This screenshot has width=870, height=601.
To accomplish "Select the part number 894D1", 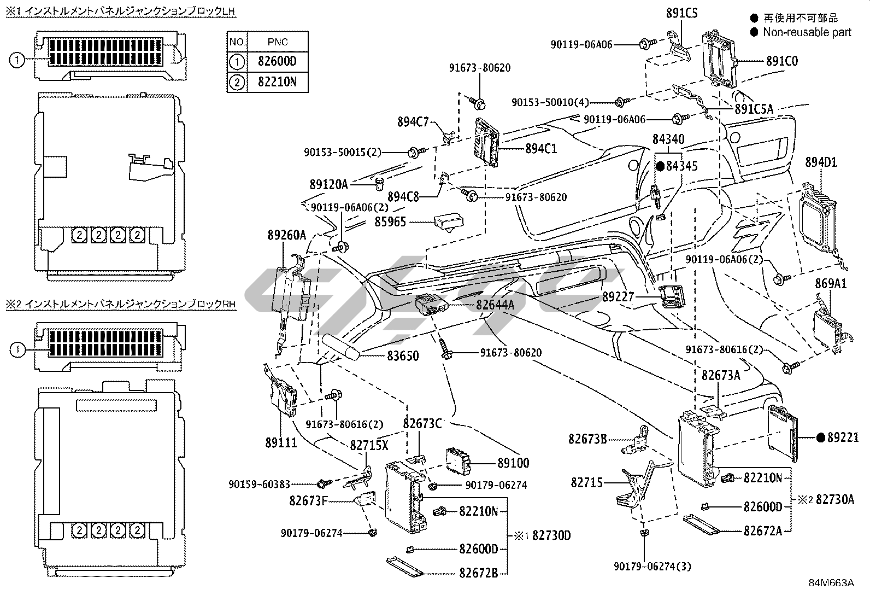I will click(x=821, y=162).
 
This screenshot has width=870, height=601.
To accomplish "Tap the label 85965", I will click(x=391, y=222).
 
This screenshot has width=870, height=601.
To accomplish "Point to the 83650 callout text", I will click(x=403, y=356).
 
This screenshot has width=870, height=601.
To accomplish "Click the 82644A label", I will click(x=495, y=305).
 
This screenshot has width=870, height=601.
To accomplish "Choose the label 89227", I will click(x=618, y=297).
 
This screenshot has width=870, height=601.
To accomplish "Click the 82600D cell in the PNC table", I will click(x=277, y=61).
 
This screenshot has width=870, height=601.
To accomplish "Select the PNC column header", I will click(x=278, y=42).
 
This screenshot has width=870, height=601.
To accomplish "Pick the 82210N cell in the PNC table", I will click(x=277, y=82).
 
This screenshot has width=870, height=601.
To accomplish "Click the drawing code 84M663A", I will click(x=831, y=583).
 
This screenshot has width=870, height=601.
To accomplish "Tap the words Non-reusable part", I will click(x=807, y=32).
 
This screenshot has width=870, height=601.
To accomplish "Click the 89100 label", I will click(x=513, y=463).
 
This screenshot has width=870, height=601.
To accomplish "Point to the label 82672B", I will click(x=478, y=573).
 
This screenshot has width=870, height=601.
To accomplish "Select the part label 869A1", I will click(x=831, y=283).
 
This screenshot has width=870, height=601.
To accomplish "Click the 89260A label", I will click(x=287, y=236).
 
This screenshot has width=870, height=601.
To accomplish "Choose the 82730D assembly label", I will click(x=551, y=535).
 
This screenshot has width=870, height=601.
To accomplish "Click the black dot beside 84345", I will click(x=660, y=166).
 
